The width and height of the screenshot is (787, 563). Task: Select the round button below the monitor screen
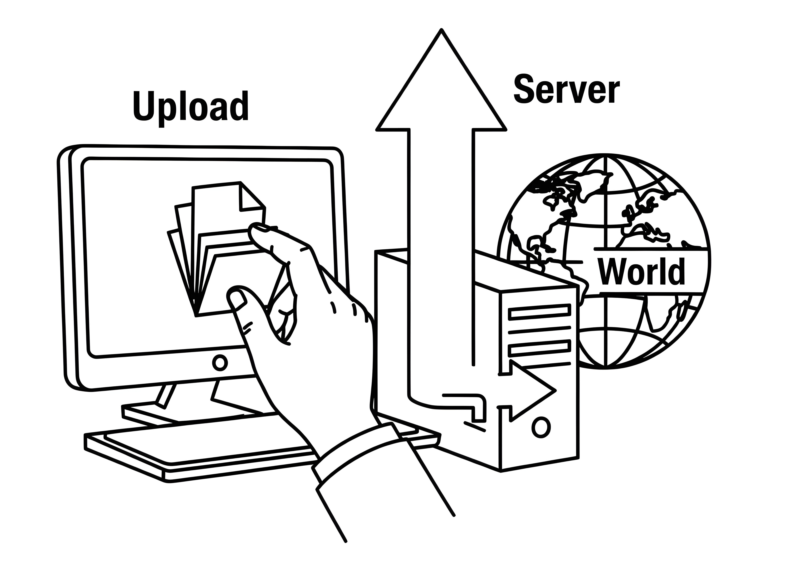click(x=219, y=362)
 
